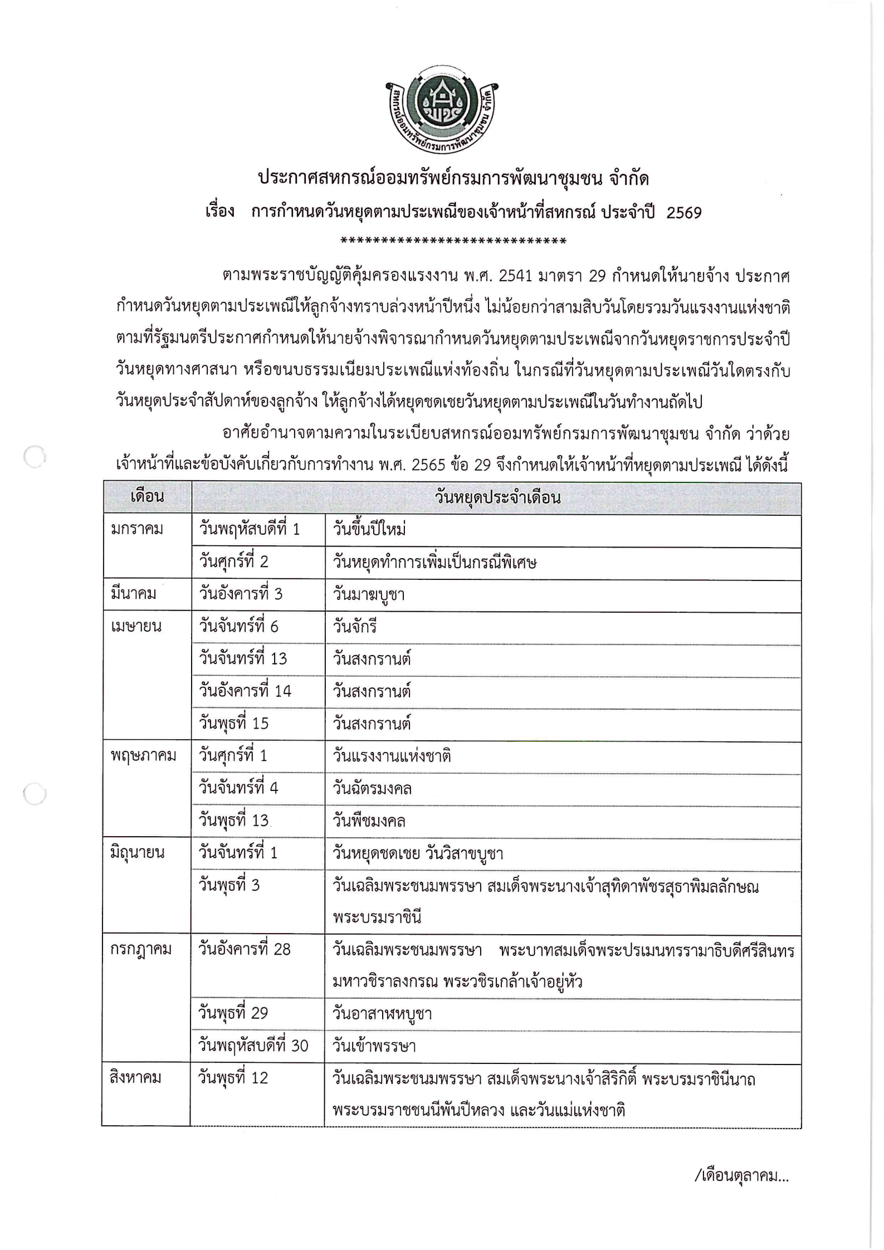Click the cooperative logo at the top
click(x=442, y=111)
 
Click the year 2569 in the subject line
click(x=683, y=213)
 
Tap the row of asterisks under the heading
click(x=453, y=241)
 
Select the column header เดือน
click(x=147, y=497)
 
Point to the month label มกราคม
click(x=137, y=529)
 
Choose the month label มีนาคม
click(x=133, y=594)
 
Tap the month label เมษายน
click(x=136, y=626)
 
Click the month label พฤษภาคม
click(x=143, y=755)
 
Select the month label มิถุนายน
click(x=138, y=852)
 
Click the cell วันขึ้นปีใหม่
click(x=369, y=529)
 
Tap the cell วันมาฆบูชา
click(x=368, y=594)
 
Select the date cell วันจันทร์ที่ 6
click(x=238, y=627)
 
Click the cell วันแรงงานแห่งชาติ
click(x=392, y=756)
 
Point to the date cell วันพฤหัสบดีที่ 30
click(x=253, y=1046)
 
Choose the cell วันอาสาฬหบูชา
click(x=382, y=1014)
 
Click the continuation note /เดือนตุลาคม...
click(x=741, y=1176)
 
